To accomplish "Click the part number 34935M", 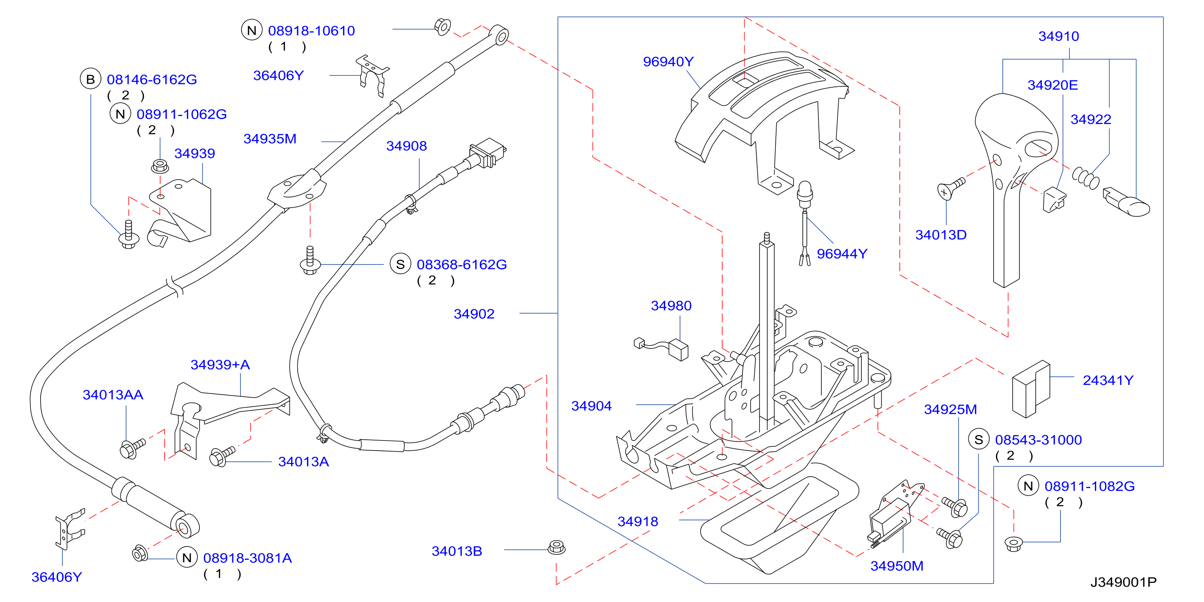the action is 270,139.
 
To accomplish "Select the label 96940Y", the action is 668,62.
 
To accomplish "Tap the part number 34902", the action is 474,314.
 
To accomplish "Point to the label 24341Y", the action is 1108,381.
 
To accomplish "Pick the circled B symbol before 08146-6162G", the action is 91,79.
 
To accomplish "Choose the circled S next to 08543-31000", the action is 979,439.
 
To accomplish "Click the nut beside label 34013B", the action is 556,547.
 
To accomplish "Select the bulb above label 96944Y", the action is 805,194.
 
